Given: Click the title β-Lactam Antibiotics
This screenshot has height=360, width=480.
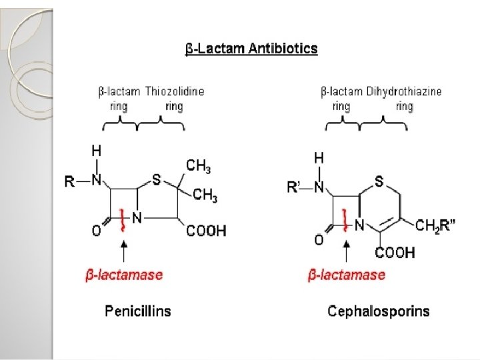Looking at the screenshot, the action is tap(251, 49).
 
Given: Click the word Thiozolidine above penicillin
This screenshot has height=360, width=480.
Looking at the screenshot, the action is tap(175, 91).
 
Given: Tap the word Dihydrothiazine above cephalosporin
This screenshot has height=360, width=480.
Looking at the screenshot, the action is tap(404, 91).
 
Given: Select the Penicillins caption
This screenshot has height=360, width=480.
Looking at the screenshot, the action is tap(138, 311).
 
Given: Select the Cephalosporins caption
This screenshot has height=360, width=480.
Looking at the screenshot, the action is tap(379, 311).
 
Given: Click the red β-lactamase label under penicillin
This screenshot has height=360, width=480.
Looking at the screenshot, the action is tap(124, 274).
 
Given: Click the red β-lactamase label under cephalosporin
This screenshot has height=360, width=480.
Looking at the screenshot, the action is tap(347, 274).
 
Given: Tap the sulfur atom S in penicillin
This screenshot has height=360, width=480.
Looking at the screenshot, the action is tap(156, 179).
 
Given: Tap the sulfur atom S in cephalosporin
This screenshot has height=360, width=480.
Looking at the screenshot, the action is tap(379, 181).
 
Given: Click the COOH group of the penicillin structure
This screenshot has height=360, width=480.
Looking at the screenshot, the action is tap(206, 231).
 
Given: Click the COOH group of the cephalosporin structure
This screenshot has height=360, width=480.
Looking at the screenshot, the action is tap(395, 253).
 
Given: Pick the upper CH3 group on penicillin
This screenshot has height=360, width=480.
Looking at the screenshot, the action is tap(199, 165).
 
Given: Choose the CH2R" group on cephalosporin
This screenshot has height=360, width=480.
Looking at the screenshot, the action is tap(433, 227).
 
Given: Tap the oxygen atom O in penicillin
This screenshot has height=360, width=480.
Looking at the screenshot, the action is tap(97, 231).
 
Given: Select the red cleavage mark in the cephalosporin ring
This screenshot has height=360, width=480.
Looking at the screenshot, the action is tap(345, 219).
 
